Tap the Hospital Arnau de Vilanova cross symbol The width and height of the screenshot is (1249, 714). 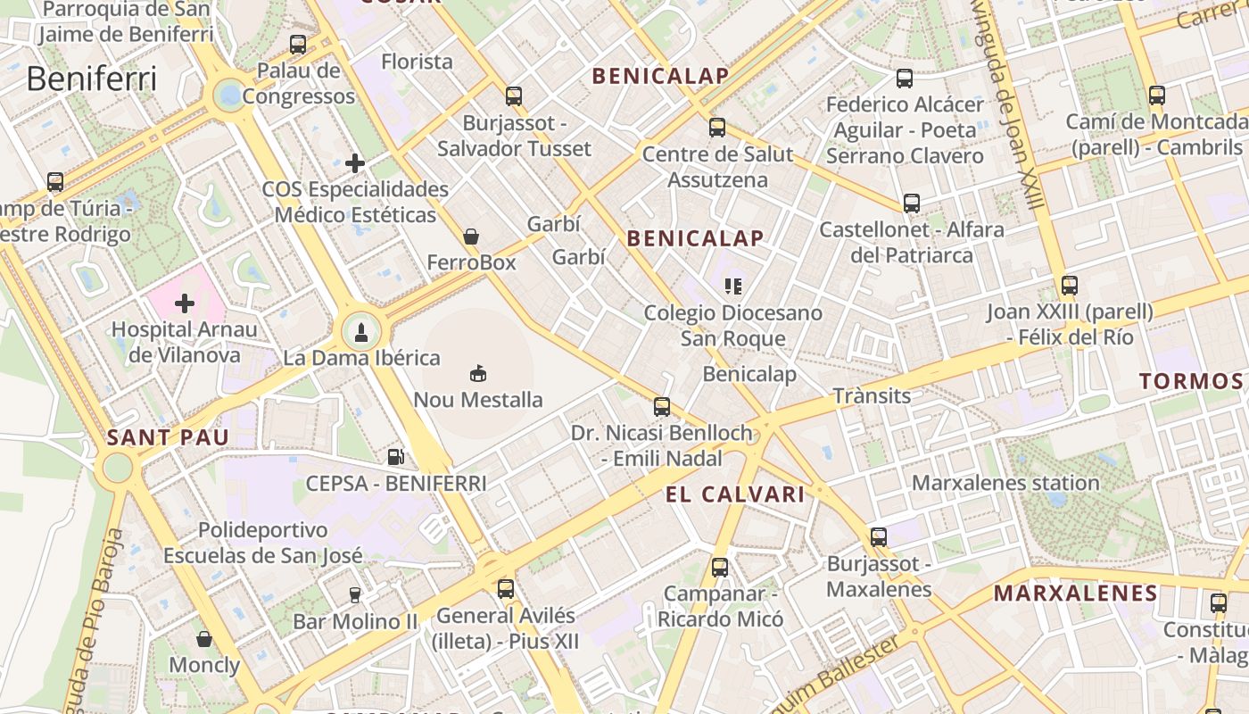(x=185, y=303)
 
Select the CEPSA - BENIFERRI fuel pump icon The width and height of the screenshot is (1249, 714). (x=395, y=457)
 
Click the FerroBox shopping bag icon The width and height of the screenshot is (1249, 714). (x=471, y=237)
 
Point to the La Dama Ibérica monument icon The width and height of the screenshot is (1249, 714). (x=361, y=333)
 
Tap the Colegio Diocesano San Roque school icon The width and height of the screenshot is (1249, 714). (x=733, y=286)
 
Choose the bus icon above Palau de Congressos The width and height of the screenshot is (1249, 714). (x=298, y=44)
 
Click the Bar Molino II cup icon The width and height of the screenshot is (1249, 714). (x=355, y=594)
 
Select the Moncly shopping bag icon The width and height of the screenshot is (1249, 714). (x=204, y=639)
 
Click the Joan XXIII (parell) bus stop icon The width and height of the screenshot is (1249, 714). (x=1070, y=286)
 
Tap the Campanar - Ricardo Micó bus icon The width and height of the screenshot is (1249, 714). (x=720, y=567)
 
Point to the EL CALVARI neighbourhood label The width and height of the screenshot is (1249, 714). (x=735, y=494)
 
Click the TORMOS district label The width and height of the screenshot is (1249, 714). (x=1191, y=381)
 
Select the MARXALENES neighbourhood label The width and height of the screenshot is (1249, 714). (x=1076, y=593)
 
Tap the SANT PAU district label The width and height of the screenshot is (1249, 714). (x=168, y=437)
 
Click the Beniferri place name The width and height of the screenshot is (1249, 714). (x=92, y=79)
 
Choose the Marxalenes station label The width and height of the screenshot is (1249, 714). (x=1005, y=483)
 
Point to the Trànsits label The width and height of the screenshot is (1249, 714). (x=872, y=395)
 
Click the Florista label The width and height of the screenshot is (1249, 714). (x=417, y=62)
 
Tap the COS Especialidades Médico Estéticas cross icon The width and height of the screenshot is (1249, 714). (x=355, y=162)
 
